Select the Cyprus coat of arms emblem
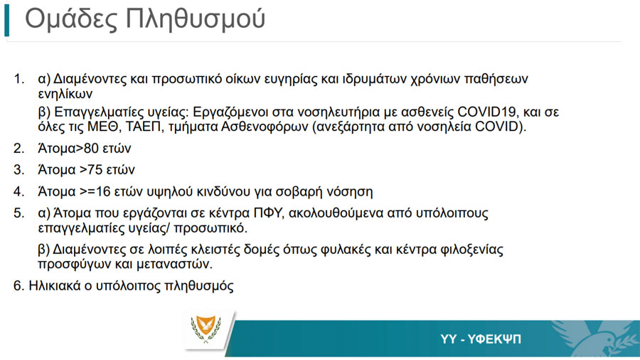coord(206,329)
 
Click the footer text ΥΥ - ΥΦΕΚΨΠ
coord(481,339)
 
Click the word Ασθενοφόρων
coord(265,127)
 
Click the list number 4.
coord(18,191)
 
